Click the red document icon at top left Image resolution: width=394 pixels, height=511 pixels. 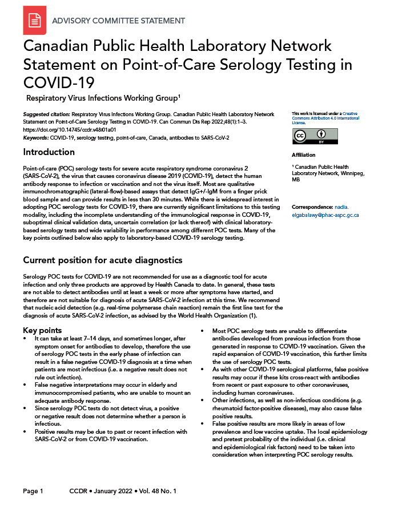coord(35,21)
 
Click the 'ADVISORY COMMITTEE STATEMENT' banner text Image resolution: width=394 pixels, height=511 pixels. coord(118,21)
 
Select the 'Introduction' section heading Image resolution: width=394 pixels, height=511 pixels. coord(49,152)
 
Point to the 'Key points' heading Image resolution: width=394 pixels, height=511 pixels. coord(42,331)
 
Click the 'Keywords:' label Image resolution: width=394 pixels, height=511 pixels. coord(35,138)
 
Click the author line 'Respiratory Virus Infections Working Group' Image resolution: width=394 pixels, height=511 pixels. coord(102,97)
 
